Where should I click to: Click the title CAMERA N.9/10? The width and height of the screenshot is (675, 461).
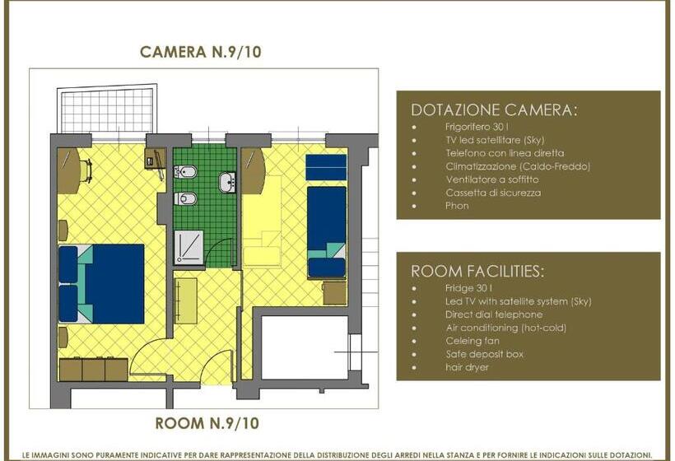pos(201,52)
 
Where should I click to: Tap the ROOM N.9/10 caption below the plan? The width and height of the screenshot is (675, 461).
pos(207,423)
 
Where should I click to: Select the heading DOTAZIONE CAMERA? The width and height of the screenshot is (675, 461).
pos(493,109)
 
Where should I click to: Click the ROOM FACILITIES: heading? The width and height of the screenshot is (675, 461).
pos(477,271)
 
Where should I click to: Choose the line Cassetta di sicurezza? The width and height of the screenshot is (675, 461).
pos(493,193)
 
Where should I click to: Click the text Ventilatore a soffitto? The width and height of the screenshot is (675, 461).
pos(492,179)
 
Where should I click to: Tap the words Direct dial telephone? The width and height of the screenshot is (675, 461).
pos(494,314)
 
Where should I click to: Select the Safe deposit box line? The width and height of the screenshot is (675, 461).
pos(485,354)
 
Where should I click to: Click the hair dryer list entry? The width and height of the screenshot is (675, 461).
pos(467,368)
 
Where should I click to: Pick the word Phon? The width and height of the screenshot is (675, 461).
pos(457,206)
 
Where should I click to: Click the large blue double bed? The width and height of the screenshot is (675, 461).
pos(101,284)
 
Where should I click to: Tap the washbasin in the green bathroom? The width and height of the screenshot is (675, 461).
pos(227,182)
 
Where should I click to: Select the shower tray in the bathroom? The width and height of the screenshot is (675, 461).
pos(189,247)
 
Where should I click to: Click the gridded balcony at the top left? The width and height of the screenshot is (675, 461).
pos(107,110)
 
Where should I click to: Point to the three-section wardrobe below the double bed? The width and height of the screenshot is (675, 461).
pos(93,370)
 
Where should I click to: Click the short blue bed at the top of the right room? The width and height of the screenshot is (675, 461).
pos(326,167)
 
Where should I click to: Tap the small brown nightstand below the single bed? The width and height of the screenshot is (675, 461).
pos(334,293)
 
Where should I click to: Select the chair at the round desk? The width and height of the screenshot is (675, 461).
pos(86,171)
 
